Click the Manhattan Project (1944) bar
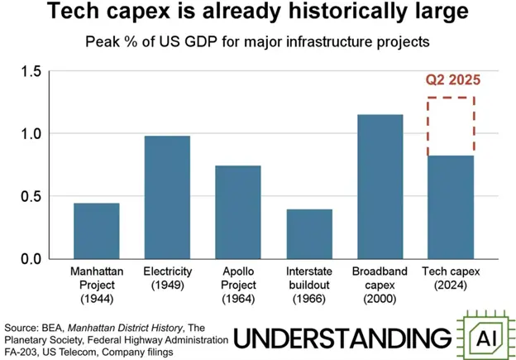(96, 231)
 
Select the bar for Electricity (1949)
(167, 198)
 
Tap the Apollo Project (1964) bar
(237, 212)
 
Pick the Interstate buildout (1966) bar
(309, 233)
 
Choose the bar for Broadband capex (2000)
(380, 187)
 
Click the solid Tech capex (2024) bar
(451, 207)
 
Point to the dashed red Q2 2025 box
(451, 126)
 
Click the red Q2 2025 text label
(452, 81)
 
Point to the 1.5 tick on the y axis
(31, 71)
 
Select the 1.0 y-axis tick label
(31, 134)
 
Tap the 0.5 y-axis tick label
(31, 196)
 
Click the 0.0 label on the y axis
(31, 259)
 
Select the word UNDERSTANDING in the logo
(343, 338)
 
